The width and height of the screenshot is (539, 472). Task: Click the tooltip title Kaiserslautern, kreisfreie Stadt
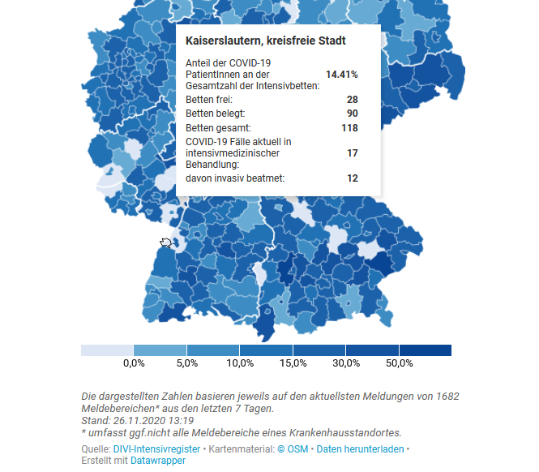(266, 41)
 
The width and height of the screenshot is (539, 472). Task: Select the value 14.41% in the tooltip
(341, 74)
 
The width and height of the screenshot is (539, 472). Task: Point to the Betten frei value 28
(353, 99)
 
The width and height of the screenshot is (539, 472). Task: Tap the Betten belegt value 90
(353, 114)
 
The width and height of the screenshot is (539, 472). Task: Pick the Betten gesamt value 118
(350, 128)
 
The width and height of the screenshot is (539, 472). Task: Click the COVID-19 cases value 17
(353, 152)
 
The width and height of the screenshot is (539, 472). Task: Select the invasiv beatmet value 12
(353, 178)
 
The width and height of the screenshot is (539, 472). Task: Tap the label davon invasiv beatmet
(235, 178)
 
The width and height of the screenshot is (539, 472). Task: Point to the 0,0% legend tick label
(133, 363)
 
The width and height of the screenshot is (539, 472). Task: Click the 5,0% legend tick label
(186, 363)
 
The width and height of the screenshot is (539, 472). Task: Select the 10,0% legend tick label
(239, 363)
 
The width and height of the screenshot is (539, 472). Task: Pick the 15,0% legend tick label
(293, 363)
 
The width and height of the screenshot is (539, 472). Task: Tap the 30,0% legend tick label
(346, 363)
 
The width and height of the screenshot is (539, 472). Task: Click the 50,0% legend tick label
(400, 363)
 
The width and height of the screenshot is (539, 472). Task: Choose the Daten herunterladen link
(360, 448)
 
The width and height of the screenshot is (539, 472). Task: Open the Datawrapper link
(158, 461)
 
